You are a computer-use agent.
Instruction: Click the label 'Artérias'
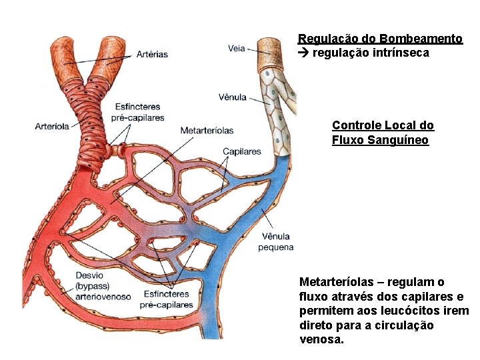pyautogui.click(x=153, y=54)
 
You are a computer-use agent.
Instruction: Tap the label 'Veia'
pyautogui.click(x=236, y=49)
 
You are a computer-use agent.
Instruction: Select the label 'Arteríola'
pyautogui.click(x=52, y=127)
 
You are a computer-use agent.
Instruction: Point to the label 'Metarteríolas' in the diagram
pyautogui.click(x=207, y=130)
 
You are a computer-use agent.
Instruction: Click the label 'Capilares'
pyautogui.click(x=241, y=151)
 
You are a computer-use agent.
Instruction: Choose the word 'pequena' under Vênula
pyautogui.click(x=276, y=247)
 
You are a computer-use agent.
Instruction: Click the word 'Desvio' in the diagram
pyautogui.click(x=90, y=275)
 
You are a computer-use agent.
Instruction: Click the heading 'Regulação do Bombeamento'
pyautogui.click(x=380, y=39)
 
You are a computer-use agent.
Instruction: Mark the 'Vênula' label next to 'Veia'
pyautogui.click(x=232, y=97)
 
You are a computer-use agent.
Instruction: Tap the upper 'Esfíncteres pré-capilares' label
pyautogui.click(x=139, y=112)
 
